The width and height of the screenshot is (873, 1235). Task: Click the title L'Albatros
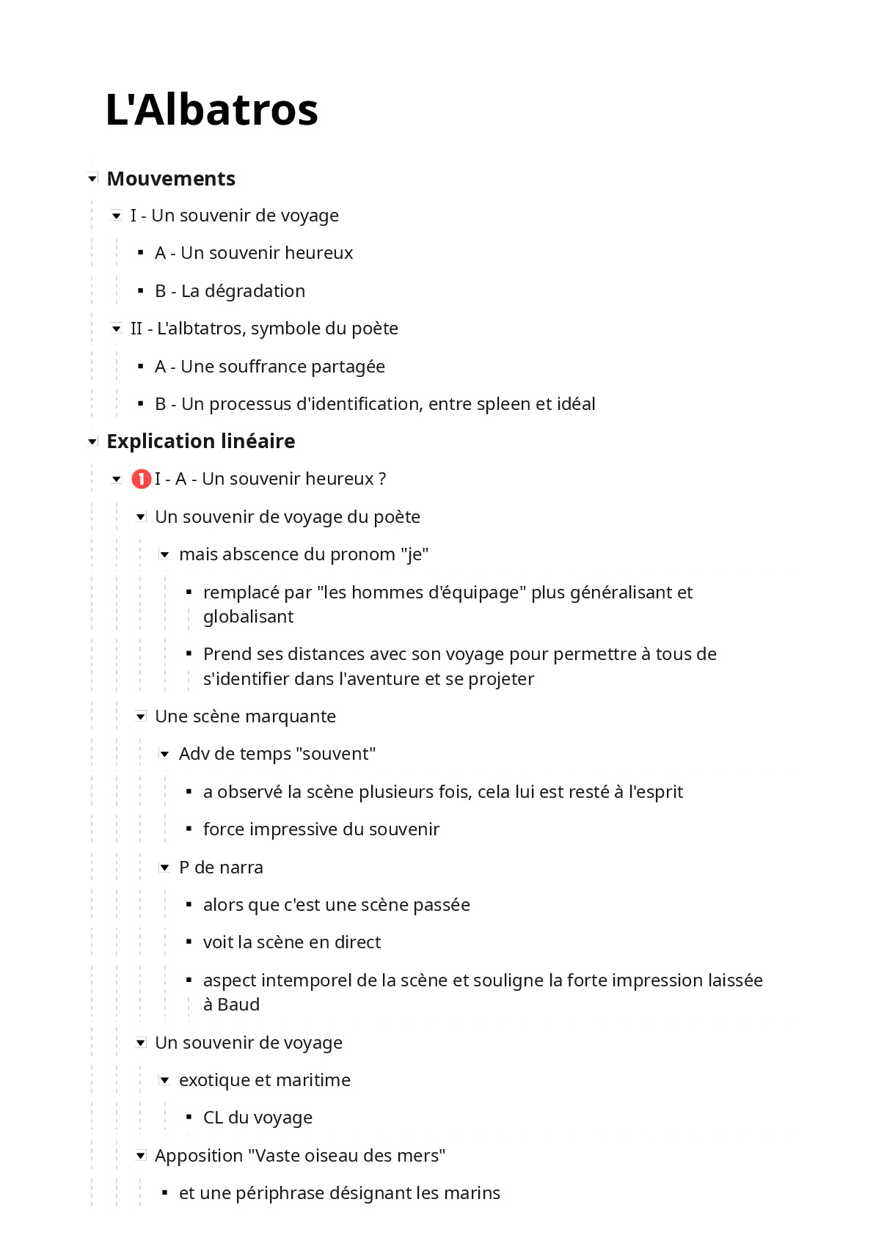pyautogui.click(x=211, y=110)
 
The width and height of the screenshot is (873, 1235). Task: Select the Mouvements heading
pyautogui.click(x=171, y=179)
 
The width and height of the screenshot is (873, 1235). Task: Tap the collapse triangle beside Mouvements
pyautogui.click(x=92, y=179)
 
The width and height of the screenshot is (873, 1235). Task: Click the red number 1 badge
pyautogui.click(x=141, y=479)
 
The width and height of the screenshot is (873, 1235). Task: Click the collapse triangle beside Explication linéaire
pyautogui.click(x=92, y=441)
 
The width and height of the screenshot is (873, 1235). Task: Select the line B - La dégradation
pyautogui.click(x=230, y=291)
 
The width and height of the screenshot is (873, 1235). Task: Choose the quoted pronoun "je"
pyautogui.click(x=414, y=554)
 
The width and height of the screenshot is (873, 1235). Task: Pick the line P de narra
pyautogui.click(x=221, y=868)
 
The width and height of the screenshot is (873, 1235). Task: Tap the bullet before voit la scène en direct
pyautogui.click(x=189, y=942)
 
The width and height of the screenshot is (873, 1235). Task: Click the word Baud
pyautogui.click(x=238, y=1005)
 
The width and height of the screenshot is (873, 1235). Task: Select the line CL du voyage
pyautogui.click(x=257, y=1118)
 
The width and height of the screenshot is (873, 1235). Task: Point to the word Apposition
pyautogui.click(x=199, y=1156)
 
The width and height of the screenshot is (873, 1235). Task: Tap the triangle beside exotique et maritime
pyautogui.click(x=165, y=1080)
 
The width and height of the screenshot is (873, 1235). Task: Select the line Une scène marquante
pyautogui.click(x=245, y=717)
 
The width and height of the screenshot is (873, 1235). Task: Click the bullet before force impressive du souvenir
pyautogui.click(x=189, y=829)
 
